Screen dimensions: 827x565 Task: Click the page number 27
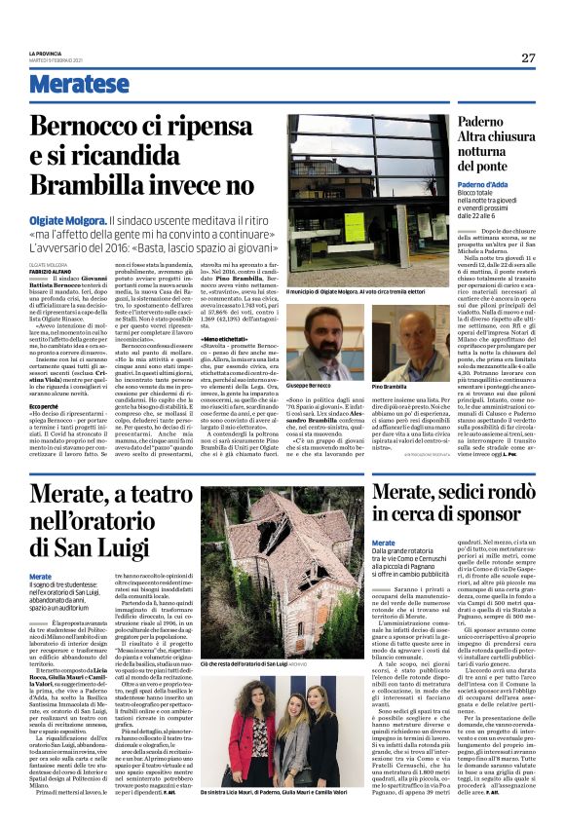(527, 57)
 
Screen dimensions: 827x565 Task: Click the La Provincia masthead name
(45, 53)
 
